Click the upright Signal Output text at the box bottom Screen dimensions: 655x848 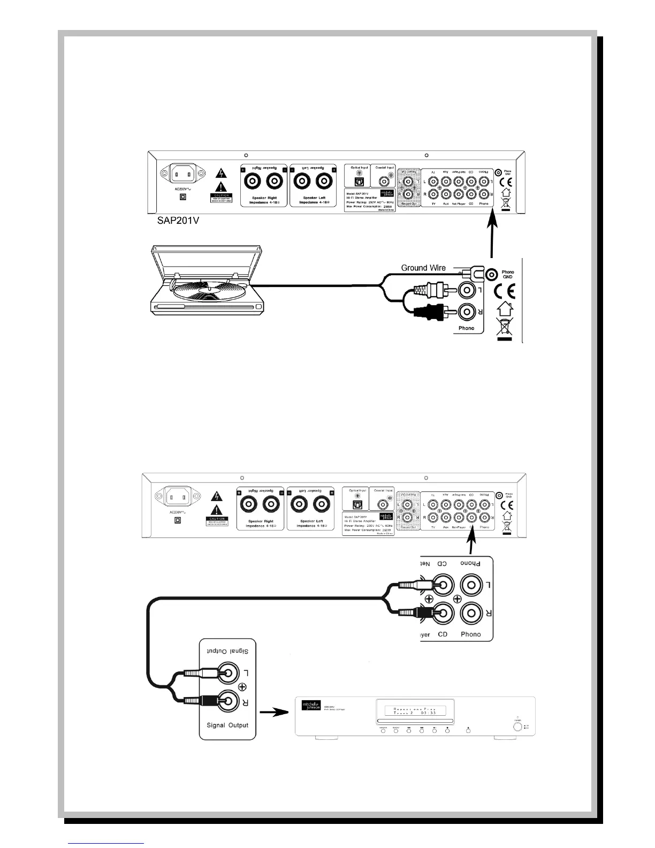click(227, 726)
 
